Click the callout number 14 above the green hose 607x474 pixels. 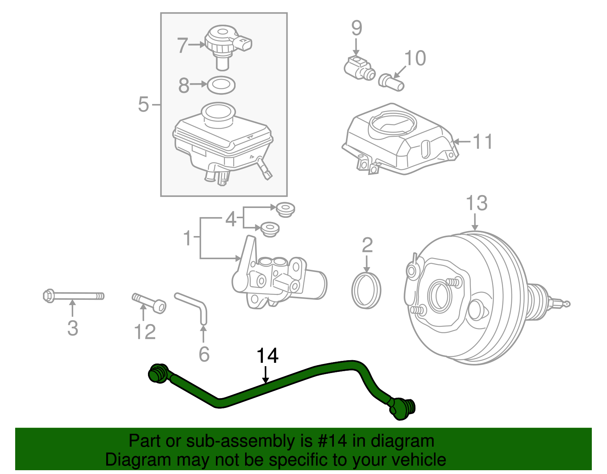click(267, 356)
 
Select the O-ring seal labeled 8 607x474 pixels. click(222, 85)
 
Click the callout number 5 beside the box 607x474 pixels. click(144, 104)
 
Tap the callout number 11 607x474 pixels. click(482, 142)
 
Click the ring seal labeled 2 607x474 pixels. click(366, 290)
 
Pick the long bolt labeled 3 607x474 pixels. click(73, 296)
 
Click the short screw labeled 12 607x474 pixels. click(149, 302)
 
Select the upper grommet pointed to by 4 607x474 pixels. click(285, 209)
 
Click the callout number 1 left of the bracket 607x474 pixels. click(187, 238)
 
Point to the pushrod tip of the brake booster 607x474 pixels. click(566, 304)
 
